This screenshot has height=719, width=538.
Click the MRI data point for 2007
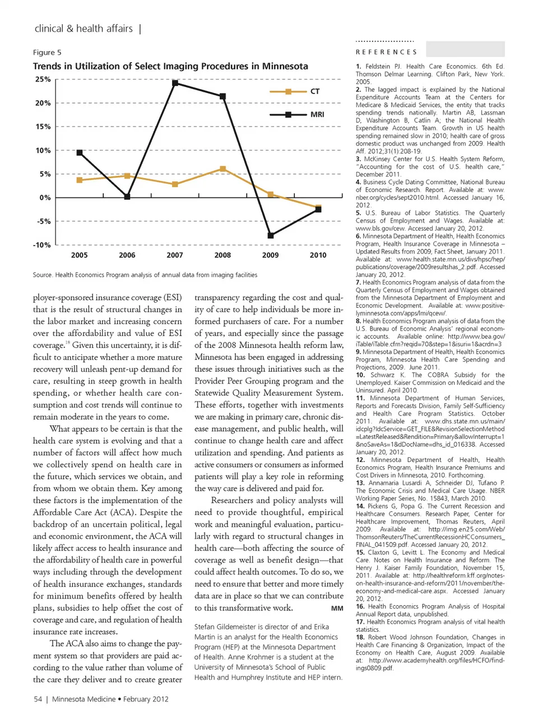tap(175, 83)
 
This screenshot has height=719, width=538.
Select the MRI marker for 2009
tap(271, 236)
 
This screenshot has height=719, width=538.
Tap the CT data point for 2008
tap(223, 169)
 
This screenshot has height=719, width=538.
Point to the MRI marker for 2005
tap(80, 153)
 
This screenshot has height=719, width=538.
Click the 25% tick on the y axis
tap(43, 80)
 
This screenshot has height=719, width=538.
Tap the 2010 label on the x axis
tap(318, 255)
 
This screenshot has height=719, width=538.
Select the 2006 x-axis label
tap(127, 255)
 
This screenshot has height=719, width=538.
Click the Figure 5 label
tap(47, 53)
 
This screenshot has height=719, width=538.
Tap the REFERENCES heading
tap(386, 52)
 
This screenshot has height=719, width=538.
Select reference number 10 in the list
tap(360, 375)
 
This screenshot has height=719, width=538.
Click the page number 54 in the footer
tap(38, 699)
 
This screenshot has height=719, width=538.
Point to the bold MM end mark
tap(337, 608)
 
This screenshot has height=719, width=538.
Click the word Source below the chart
tap(42, 275)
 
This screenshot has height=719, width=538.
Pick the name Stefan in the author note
tap(206, 627)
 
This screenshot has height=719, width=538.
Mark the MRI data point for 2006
tap(127, 197)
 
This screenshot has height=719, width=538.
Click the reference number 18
tap(360, 637)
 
